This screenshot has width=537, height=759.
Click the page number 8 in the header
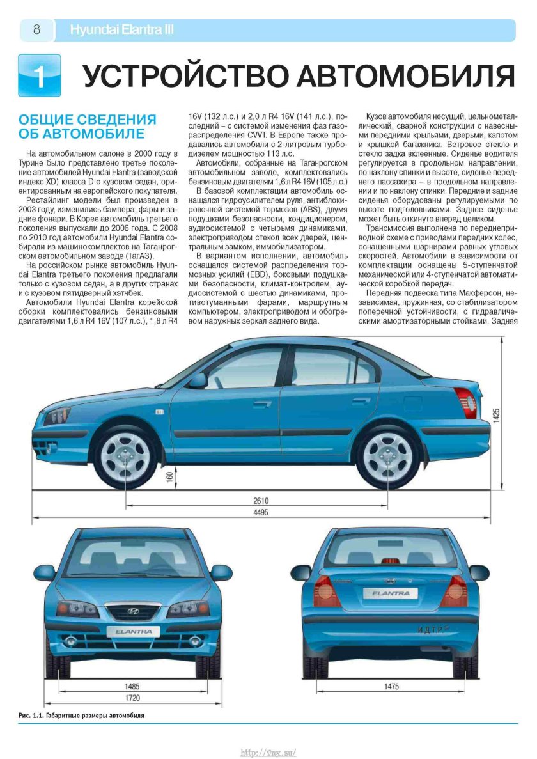(x=36, y=30)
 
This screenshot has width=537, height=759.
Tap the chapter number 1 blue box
(x=40, y=75)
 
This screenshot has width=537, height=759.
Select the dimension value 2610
(x=261, y=501)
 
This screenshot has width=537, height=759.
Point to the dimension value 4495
(x=261, y=513)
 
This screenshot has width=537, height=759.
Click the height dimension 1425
(x=496, y=416)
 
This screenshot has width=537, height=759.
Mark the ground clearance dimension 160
(x=170, y=478)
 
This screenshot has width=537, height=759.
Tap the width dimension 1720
(x=132, y=698)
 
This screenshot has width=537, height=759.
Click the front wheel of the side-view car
(x=125, y=457)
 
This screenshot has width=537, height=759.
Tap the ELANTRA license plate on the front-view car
(x=134, y=631)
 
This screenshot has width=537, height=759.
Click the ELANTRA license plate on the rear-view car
(x=391, y=593)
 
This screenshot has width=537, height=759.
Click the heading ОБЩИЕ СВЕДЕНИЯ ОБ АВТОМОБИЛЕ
(x=87, y=127)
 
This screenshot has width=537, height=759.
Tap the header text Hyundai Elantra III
(x=121, y=30)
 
